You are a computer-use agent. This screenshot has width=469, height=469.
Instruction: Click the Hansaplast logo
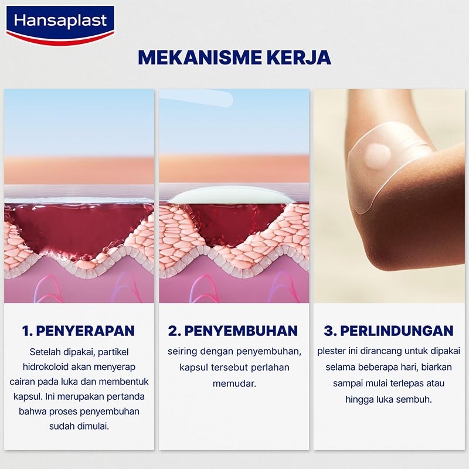60,23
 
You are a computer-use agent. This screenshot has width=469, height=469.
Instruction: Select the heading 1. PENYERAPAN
79,331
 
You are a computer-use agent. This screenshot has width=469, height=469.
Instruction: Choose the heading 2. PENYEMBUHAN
233,331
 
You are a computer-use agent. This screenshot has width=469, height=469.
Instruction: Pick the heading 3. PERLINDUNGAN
389,331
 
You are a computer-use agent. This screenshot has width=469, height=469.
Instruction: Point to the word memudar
233,383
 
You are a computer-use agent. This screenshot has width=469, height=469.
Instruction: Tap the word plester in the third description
331,351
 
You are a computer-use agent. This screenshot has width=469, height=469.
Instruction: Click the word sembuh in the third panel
417,399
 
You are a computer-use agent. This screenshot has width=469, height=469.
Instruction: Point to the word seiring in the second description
182,351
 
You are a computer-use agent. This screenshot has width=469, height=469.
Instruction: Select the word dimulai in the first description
96,426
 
